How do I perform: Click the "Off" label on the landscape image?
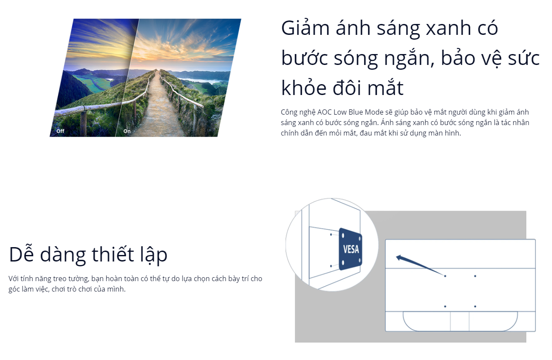61,131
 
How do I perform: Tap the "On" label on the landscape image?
127,131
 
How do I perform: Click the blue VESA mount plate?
350,249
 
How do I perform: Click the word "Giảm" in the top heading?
305,28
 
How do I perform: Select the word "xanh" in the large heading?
448,29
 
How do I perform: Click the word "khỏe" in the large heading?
304,88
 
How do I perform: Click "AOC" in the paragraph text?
324,112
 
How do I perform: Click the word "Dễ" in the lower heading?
21,254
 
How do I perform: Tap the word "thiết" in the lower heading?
113,254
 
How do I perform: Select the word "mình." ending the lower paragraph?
116,289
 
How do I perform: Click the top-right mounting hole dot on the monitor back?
475,276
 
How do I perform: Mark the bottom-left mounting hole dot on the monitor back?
445,306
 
